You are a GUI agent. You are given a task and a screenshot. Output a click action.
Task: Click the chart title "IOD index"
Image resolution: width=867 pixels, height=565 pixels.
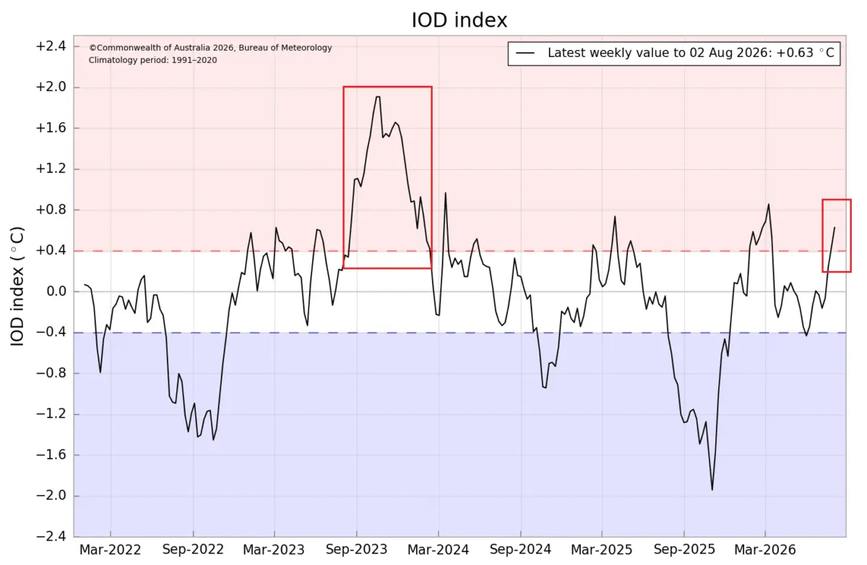tap(459, 20)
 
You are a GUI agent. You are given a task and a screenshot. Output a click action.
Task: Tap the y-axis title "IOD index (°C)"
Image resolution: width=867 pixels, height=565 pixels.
tap(17, 286)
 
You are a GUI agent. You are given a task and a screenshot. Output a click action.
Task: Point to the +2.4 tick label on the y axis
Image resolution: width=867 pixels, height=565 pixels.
tap(51, 46)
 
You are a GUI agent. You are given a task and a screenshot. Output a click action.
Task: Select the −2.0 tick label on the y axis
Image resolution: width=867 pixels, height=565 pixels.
tap(51, 496)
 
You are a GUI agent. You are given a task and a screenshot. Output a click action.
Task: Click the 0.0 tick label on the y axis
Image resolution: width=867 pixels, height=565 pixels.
tap(56, 291)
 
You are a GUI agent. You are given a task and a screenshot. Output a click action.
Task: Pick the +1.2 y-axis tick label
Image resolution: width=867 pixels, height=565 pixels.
tap(51, 169)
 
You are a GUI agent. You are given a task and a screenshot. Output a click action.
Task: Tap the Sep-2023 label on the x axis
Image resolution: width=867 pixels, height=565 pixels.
tap(356, 550)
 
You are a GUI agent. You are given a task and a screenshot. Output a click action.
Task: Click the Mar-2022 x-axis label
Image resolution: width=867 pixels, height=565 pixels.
tap(111, 550)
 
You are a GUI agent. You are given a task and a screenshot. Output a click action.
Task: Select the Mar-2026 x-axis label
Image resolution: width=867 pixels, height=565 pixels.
tap(765, 550)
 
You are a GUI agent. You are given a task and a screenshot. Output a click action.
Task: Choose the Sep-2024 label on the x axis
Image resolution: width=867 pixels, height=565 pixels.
tap(521, 550)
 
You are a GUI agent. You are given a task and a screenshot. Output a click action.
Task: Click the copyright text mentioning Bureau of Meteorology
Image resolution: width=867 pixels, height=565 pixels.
tap(210, 48)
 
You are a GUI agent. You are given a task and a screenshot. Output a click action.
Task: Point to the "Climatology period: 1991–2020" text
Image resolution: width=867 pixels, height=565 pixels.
tap(153, 60)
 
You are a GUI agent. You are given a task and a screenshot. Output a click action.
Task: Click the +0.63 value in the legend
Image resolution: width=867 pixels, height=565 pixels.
tap(795, 53)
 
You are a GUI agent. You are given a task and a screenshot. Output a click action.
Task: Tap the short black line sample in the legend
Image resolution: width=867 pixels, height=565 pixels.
tap(525, 53)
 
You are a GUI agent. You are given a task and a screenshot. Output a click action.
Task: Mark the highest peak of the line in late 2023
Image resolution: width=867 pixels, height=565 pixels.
tap(378, 97)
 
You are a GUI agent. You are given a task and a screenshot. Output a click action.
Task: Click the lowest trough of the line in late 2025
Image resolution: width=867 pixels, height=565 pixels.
tap(712, 490)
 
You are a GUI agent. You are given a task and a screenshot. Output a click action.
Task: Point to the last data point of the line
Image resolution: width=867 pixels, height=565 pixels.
tap(834, 228)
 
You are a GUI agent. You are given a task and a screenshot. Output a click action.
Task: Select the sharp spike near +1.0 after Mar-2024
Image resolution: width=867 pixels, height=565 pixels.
tap(446, 193)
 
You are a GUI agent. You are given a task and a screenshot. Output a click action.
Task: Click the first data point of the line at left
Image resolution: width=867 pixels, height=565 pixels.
tap(85, 285)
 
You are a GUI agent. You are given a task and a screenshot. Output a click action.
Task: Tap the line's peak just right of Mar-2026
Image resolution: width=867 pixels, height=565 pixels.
tap(769, 204)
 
